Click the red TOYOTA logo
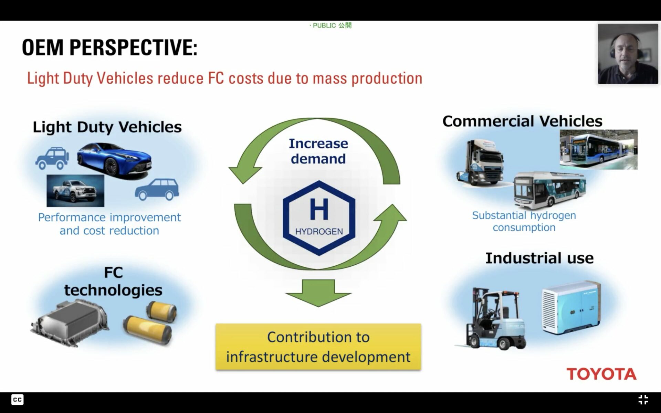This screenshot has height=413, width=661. pyautogui.click(x=601, y=374)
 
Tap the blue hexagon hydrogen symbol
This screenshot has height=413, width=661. pyautogui.click(x=319, y=218)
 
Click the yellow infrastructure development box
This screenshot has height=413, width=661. pyautogui.click(x=318, y=347)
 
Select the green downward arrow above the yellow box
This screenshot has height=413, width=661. pyautogui.click(x=318, y=293)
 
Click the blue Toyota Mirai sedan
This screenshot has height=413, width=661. pyautogui.click(x=114, y=161)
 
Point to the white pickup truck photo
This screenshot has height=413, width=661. pyautogui.click(x=75, y=191)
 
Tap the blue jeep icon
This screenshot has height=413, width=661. pyautogui.click(x=52, y=159)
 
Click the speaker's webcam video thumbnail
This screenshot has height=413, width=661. pyautogui.click(x=628, y=54)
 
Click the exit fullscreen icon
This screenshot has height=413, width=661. pyautogui.click(x=643, y=400)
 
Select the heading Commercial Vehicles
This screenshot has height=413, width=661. pyautogui.click(x=522, y=121)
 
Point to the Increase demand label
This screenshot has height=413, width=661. pyautogui.click(x=318, y=151)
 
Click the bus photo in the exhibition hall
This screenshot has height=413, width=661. pyautogui.click(x=599, y=149)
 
